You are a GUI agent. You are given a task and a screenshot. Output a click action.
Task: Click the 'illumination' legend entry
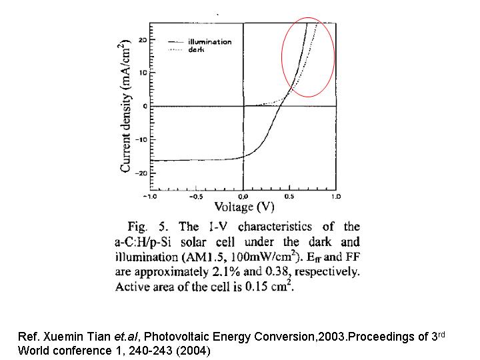coord(209,42)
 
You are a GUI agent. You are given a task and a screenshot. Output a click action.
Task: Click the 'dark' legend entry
coord(196,50)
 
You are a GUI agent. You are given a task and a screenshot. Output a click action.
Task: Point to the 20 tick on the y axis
coord(142,40)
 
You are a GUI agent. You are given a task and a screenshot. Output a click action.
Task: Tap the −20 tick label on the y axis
coord(140,173)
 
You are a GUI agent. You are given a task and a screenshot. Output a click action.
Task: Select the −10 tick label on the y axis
coord(140,140)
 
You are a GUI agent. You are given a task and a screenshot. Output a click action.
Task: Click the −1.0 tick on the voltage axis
coord(151,197)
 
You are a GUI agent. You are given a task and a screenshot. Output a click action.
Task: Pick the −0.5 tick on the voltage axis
coord(197,197)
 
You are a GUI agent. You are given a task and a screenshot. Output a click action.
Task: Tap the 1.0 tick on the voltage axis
coord(335,197)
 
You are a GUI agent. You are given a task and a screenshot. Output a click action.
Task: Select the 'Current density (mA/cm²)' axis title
coord(125,107)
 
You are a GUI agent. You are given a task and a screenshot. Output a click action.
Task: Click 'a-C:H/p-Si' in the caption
coord(143,242)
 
